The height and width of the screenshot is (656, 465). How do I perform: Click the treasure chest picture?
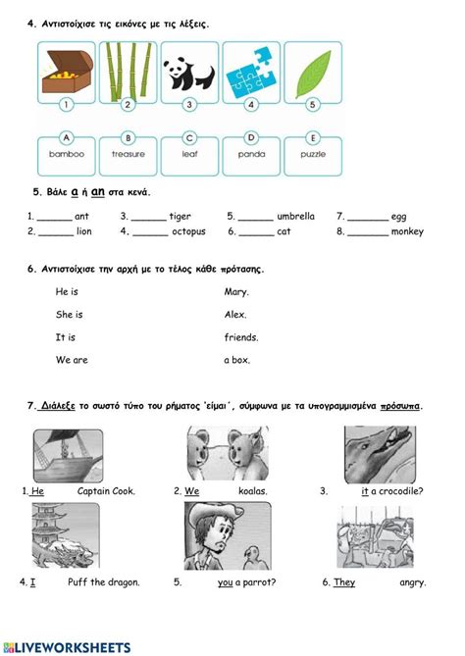click(67, 72)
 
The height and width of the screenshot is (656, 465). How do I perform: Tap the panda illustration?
click(189, 75)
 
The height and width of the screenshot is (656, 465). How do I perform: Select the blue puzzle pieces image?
click(251, 73)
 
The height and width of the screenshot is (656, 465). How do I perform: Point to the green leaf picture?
click(313, 75)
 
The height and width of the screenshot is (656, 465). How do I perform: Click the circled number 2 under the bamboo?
click(128, 104)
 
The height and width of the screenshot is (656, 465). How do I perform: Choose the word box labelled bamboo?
click(67, 156)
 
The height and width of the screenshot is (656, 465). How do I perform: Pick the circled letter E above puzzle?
click(313, 137)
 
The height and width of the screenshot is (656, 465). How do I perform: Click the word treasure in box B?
click(129, 154)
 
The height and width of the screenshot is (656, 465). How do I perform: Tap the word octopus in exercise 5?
click(188, 231)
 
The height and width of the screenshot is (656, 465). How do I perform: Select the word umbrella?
click(295, 217)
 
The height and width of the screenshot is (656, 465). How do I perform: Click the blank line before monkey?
click(368, 235)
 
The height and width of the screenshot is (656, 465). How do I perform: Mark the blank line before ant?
click(54, 220)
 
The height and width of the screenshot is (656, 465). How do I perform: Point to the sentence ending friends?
click(241, 337)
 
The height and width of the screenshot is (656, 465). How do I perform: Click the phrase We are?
click(72, 360)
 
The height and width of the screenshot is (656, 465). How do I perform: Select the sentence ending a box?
click(236, 360)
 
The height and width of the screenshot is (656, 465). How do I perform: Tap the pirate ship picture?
click(69, 456)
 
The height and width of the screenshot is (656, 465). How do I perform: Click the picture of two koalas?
click(228, 453)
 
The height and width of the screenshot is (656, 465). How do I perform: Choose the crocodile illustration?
click(380, 454)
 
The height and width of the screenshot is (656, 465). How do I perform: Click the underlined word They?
click(344, 582)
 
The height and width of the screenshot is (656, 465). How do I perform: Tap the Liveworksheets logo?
click(67, 648)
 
